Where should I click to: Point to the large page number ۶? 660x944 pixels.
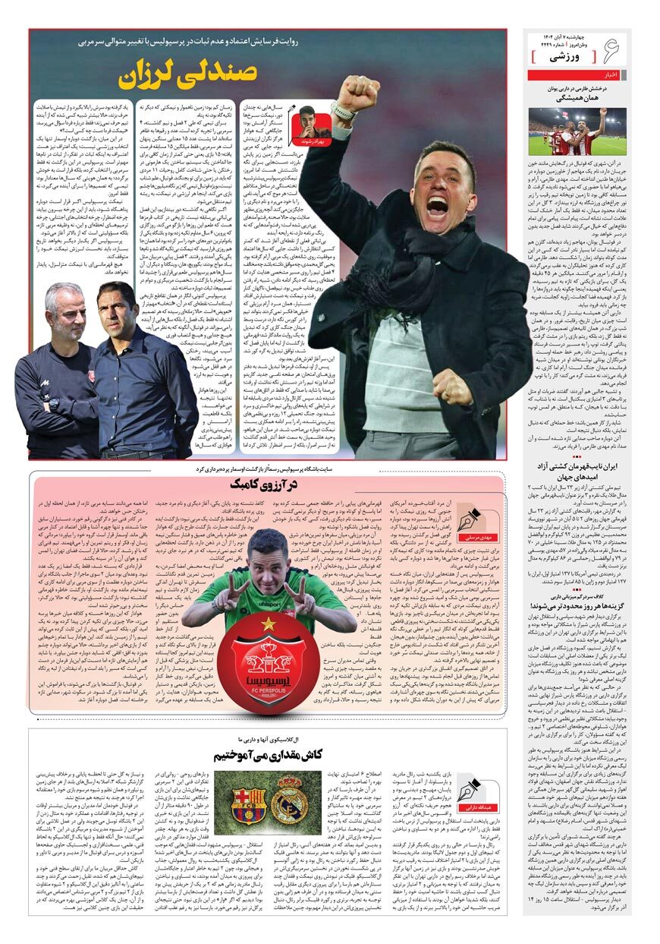click(610, 51)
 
